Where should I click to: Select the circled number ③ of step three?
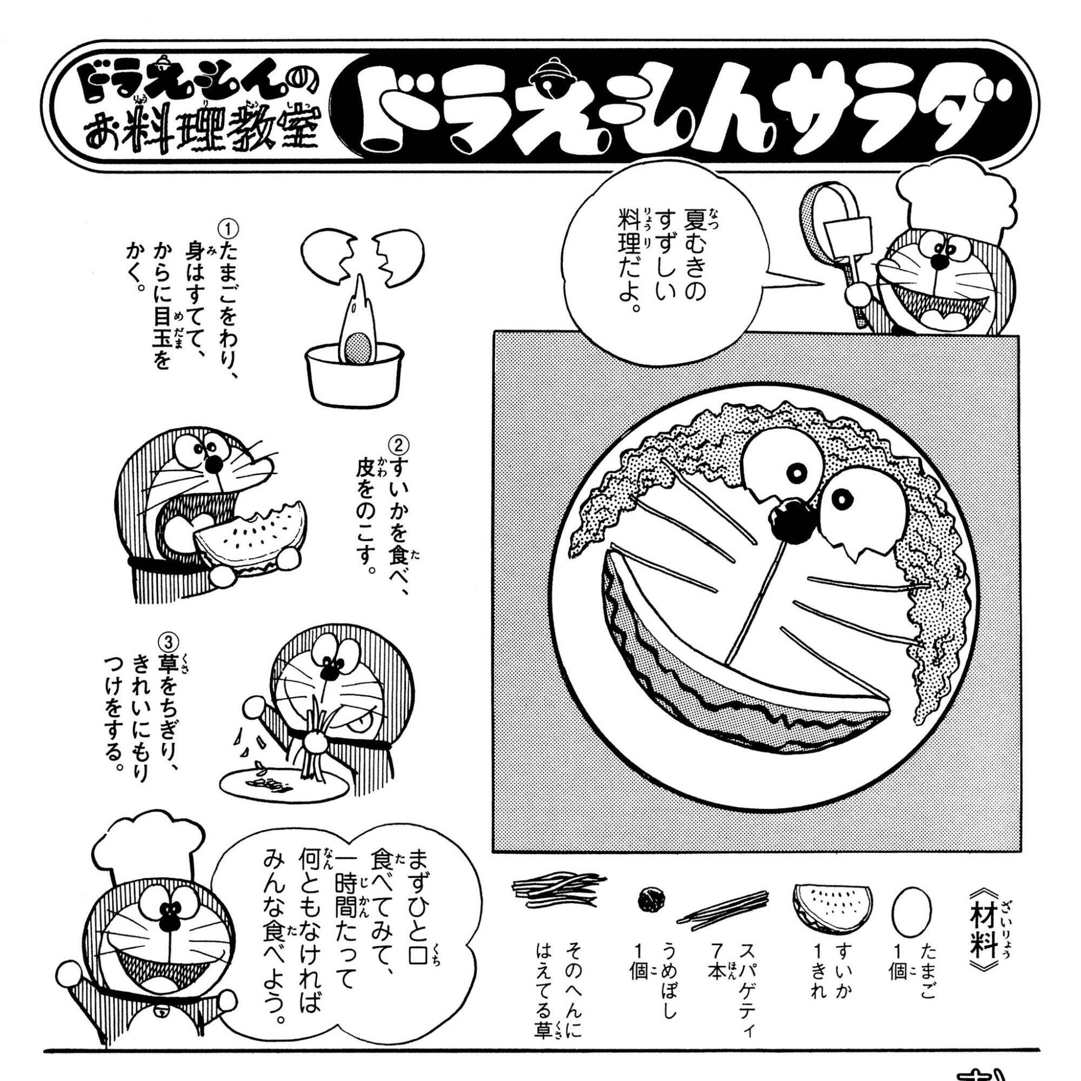[169, 639]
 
